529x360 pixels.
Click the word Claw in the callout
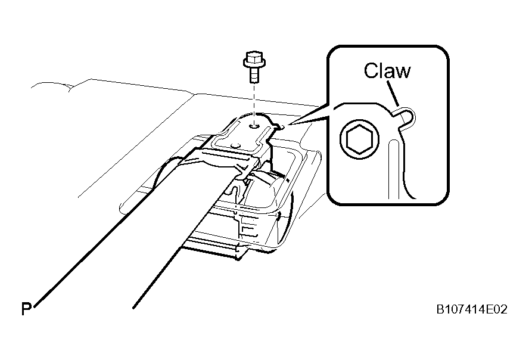(387, 70)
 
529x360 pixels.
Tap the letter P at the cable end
(26, 309)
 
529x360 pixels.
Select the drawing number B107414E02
(472, 309)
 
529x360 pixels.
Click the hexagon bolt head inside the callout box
(359, 139)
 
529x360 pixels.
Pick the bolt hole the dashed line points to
(254, 126)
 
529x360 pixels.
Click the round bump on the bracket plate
(235, 145)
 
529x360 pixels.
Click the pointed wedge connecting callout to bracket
(309, 114)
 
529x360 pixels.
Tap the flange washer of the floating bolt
(254, 63)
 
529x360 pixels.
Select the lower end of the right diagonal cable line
(134, 308)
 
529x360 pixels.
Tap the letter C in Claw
(371, 71)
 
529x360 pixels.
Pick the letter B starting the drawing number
(440, 309)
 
